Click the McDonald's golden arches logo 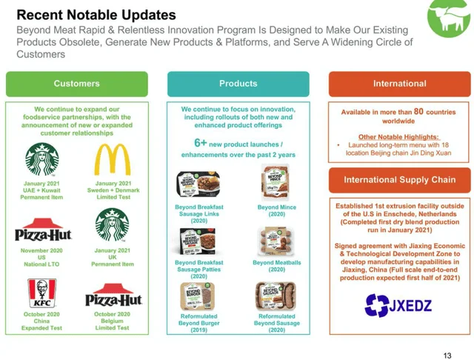[x=113, y=159]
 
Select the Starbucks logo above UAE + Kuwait [x=42, y=159]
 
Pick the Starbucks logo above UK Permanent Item [x=113, y=226]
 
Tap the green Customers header [x=77, y=84]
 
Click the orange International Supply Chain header [x=399, y=180]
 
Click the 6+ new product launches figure [x=201, y=143]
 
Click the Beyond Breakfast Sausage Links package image [x=198, y=184]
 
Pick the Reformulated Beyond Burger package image [x=198, y=296]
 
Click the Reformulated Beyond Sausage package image [x=276, y=296]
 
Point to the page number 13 [x=447, y=355]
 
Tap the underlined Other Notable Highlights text [x=398, y=136]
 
